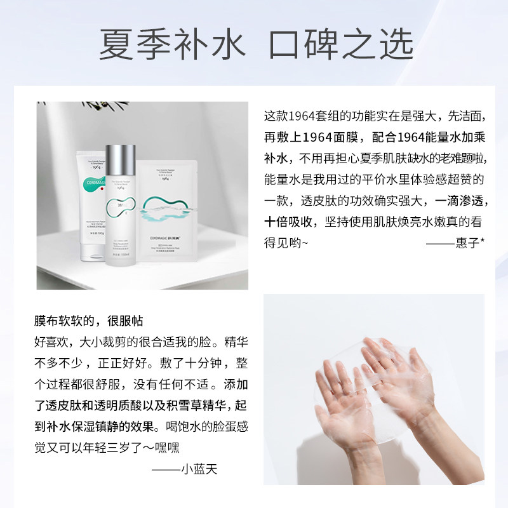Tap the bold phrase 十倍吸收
pos(290,221)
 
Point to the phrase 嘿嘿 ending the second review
pos(167,447)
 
